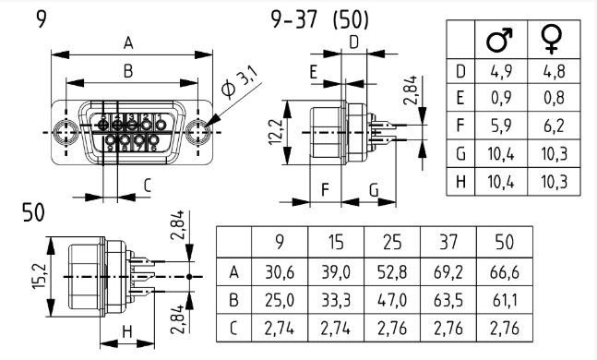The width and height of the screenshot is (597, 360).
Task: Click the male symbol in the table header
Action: pyautogui.click(x=499, y=40)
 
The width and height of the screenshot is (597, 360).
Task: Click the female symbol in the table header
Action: pyautogui.click(x=552, y=39)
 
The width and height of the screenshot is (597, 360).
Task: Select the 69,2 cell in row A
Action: pyautogui.click(x=448, y=272)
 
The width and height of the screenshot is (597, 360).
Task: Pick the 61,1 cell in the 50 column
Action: pyautogui.click(x=505, y=301)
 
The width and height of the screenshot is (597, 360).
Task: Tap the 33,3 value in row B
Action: pyautogui.click(x=336, y=301)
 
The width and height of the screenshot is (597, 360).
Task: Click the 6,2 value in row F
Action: pyautogui.click(x=554, y=126)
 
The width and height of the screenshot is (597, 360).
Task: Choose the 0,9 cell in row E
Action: pyautogui.click(x=501, y=98)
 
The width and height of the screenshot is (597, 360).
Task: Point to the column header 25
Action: pyautogui.click(x=392, y=242)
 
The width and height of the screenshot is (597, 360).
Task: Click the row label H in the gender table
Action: pyautogui.click(x=460, y=182)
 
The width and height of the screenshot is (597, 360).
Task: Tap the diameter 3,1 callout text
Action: pyautogui.click(x=241, y=82)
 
